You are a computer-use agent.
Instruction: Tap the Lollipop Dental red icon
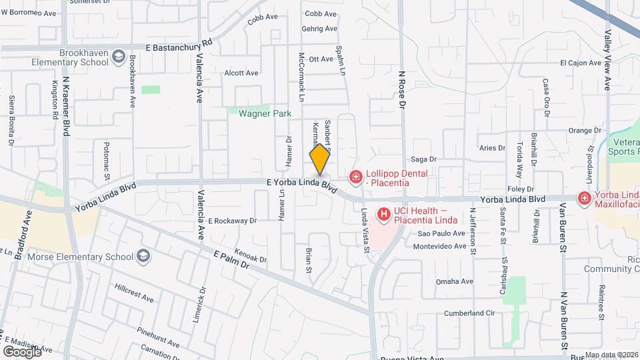[x=356, y=177]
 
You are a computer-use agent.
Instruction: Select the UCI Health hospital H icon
[x=384, y=215]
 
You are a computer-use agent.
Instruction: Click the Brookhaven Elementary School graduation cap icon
[x=119, y=56]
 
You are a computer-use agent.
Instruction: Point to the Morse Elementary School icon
[x=143, y=256]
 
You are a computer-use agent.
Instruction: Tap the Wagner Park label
[x=265, y=114]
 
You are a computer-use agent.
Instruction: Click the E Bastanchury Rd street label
[x=180, y=44]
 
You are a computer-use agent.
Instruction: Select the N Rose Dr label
[x=402, y=91]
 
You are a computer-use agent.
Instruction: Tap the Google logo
[x=22, y=351]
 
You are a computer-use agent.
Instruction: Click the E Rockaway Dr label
[x=232, y=220]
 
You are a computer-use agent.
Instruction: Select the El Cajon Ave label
[x=581, y=63]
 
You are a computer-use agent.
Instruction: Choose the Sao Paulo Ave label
[x=441, y=234]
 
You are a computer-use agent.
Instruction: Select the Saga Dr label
[x=423, y=159]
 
